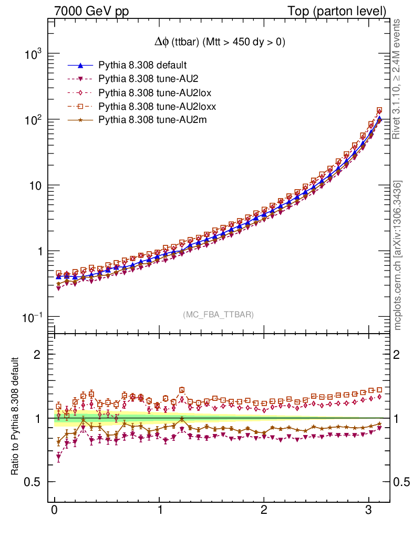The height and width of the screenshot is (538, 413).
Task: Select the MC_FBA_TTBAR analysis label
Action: (219, 315)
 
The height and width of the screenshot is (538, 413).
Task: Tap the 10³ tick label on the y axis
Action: (33, 54)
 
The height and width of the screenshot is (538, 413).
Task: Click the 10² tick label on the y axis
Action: (33, 120)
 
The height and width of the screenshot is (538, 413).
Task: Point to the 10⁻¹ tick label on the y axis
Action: (32, 317)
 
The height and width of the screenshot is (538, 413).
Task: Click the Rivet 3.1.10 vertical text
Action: (397, 79)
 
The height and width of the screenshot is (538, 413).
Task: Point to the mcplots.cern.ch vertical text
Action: (397, 255)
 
